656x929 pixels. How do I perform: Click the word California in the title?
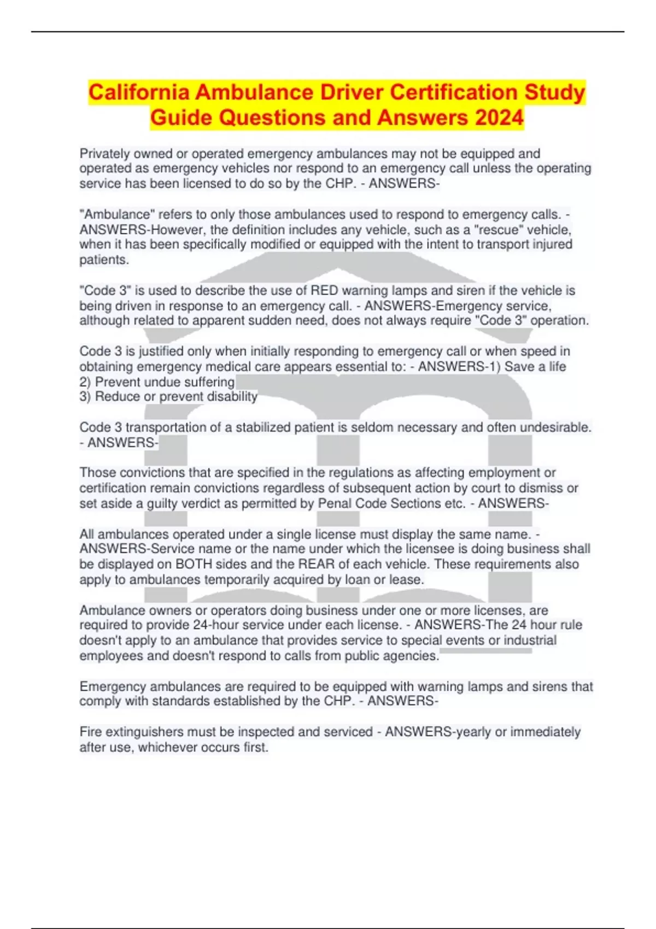[x=139, y=92]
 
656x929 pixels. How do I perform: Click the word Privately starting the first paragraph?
[x=104, y=154]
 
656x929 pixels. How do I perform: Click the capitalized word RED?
[x=324, y=290]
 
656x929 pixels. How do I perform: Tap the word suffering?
[x=209, y=381]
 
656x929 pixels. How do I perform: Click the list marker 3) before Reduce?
[x=85, y=396]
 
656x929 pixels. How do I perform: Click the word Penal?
[x=335, y=503]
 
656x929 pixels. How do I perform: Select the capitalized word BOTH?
[x=196, y=564]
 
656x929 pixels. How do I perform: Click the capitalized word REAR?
[x=315, y=564]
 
